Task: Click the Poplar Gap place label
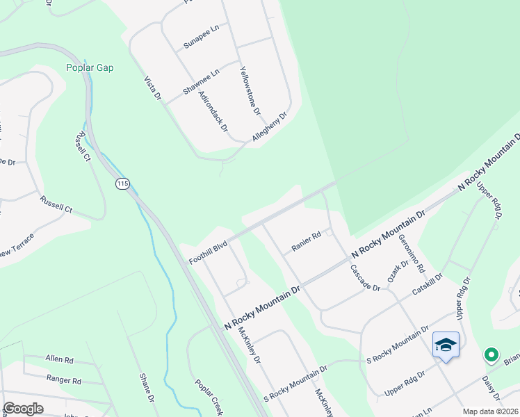(90, 67)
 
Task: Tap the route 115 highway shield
(122, 183)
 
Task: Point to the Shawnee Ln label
(201, 81)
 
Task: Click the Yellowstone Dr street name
(250, 90)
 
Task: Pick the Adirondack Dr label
(213, 111)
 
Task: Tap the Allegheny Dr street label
(270, 128)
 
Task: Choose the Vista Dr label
(152, 90)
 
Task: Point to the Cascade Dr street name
(365, 277)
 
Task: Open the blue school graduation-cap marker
(445, 345)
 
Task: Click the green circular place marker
(491, 355)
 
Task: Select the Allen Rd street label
(59, 359)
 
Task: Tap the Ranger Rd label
(64, 380)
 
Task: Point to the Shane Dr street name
(145, 387)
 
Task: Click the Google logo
(23, 409)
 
